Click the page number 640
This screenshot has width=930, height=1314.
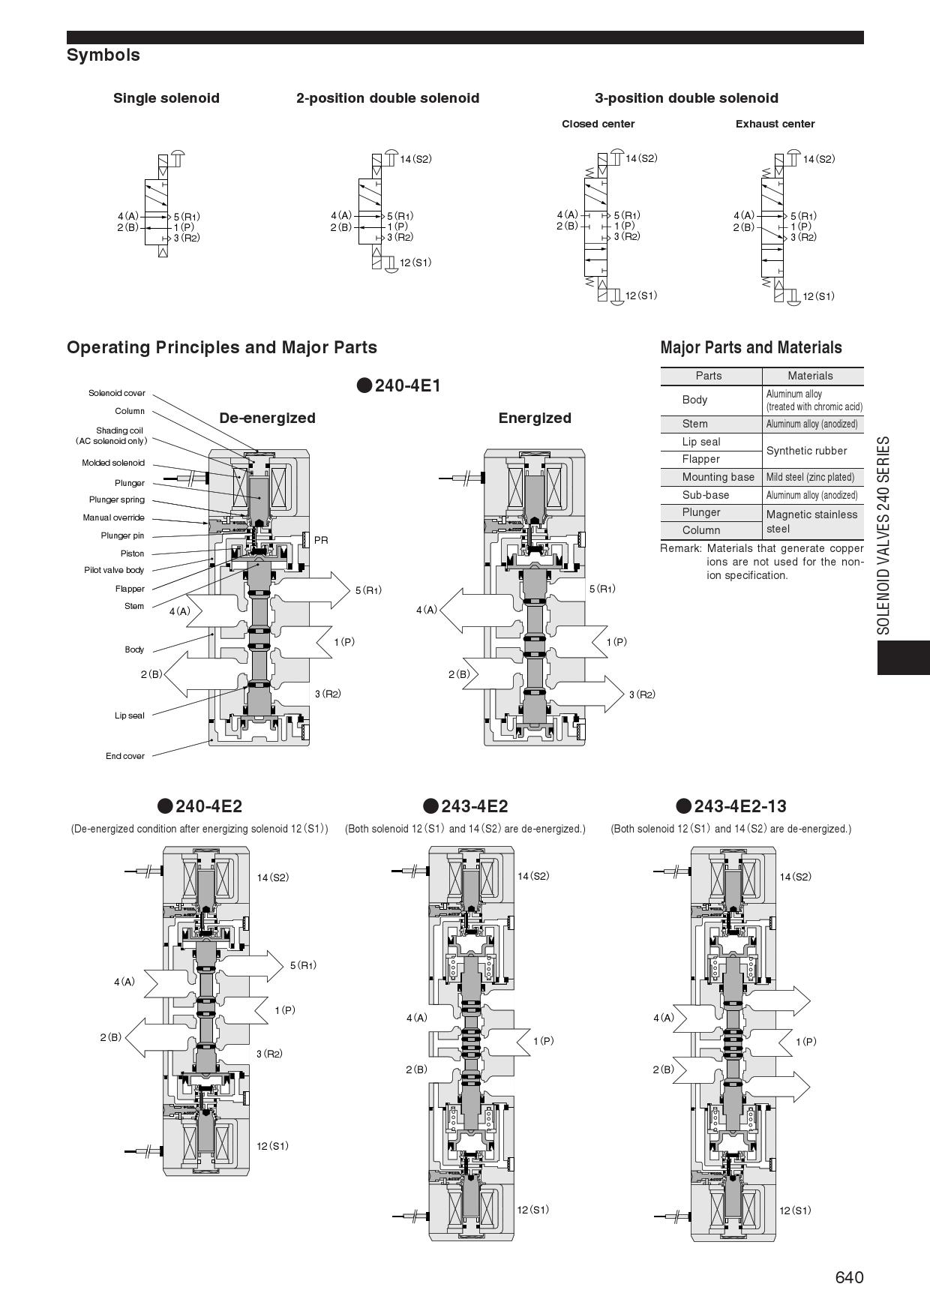[849, 1277]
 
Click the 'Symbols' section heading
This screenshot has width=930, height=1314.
[103, 55]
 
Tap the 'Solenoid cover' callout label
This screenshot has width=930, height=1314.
[117, 393]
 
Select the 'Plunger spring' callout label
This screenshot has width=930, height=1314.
[117, 499]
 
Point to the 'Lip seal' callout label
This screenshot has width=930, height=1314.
[130, 715]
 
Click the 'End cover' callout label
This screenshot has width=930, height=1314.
[125, 756]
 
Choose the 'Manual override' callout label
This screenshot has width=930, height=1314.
[113, 517]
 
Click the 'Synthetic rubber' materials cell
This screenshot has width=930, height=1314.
[806, 451]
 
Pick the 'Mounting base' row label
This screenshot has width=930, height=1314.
[718, 477]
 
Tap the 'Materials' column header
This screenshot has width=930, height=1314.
[810, 376]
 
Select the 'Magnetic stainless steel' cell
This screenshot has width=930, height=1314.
[810, 521]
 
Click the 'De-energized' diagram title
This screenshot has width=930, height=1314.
[267, 418]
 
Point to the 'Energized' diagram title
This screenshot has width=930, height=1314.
[535, 418]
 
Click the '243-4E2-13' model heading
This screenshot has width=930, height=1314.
[739, 806]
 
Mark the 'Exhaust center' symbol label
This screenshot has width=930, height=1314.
[775, 124]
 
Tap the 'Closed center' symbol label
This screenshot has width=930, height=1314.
[598, 124]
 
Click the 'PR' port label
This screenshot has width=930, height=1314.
[321, 540]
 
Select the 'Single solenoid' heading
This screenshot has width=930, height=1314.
[166, 98]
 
